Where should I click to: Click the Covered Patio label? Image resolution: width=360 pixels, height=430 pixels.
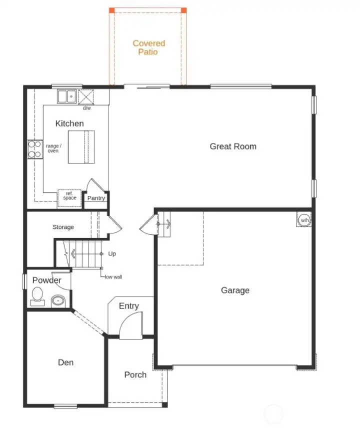(148, 47)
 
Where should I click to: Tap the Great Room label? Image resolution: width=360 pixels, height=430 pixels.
(233, 146)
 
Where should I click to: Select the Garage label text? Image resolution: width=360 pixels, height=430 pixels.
(235, 290)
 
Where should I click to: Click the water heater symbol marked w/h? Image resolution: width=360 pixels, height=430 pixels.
(304, 220)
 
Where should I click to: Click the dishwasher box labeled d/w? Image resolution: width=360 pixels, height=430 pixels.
(86, 96)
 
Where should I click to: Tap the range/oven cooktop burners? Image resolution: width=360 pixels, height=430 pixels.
(34, 149)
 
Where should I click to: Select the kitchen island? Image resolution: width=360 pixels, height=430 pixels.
(81, 146)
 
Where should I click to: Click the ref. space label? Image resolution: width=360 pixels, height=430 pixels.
(69, 196)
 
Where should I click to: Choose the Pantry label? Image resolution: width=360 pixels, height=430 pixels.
(96, 198)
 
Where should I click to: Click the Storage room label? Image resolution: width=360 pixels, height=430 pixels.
(63, 227)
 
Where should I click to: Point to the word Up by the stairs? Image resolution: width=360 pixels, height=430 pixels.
(112, 254)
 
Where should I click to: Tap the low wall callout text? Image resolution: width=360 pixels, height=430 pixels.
(113, 276)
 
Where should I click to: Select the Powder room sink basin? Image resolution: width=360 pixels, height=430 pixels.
(58, 301)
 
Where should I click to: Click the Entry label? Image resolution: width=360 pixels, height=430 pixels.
(128, 306)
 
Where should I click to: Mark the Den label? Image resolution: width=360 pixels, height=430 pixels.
(65, 362)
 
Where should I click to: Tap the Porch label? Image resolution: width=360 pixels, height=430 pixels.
(135, 374)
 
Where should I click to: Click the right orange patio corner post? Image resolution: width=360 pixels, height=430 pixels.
(183, 10)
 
